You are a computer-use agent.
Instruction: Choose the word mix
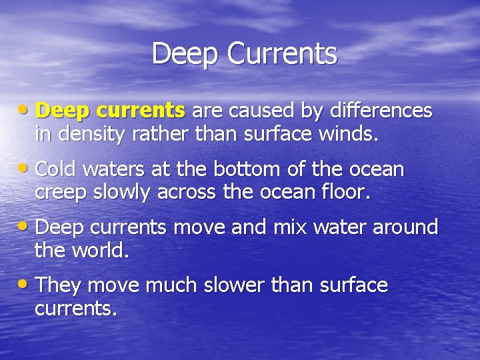[x=289, y=227]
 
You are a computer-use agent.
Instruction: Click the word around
[x=405, y=227]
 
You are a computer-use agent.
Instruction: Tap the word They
[x=58, y=285]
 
